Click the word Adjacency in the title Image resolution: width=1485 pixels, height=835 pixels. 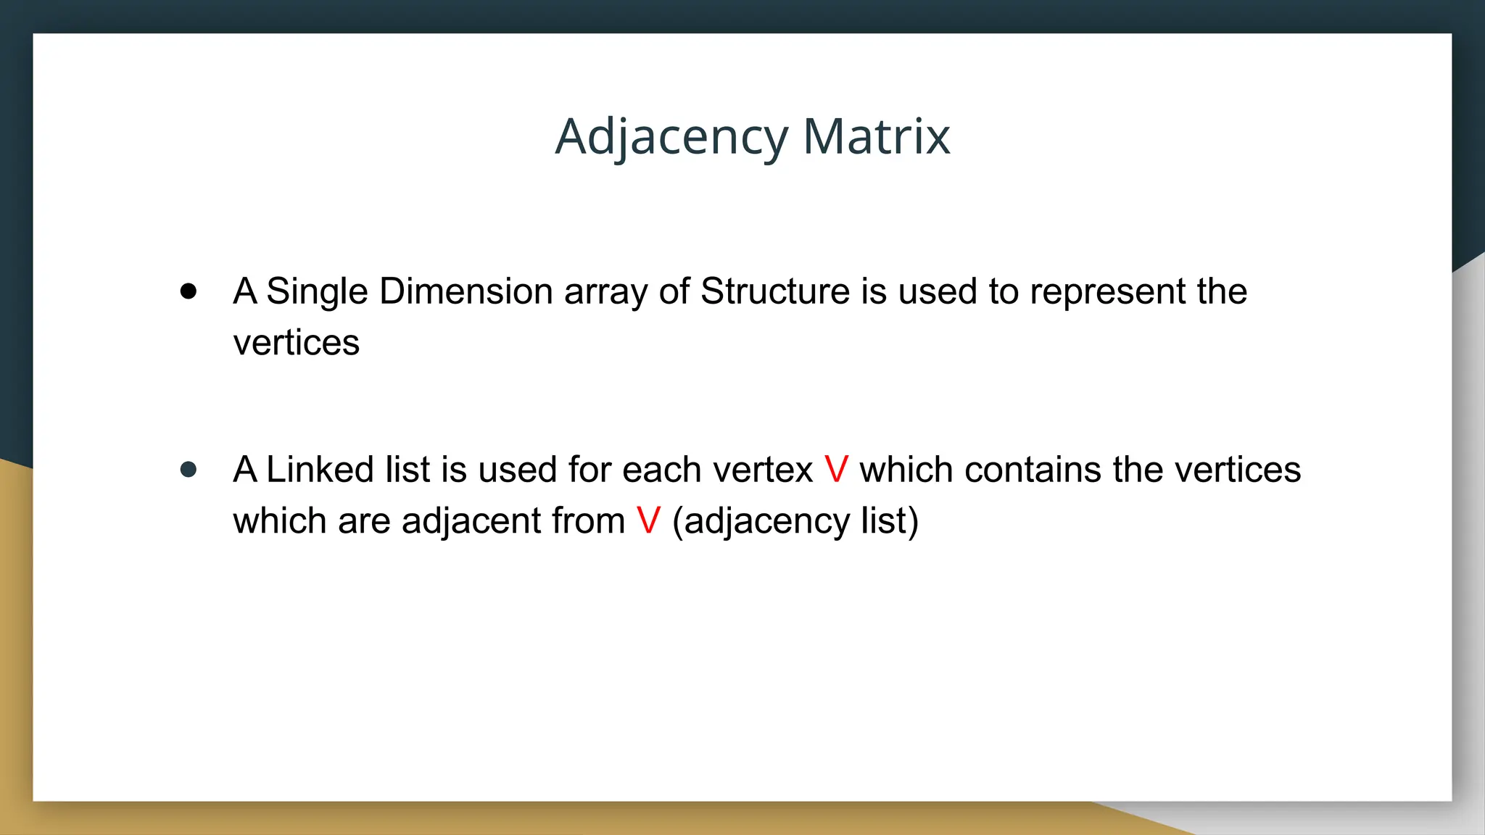coord(671,138)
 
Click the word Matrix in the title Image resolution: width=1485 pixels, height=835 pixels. coord(876,136)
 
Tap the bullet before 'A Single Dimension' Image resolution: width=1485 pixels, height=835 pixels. coord(189,291)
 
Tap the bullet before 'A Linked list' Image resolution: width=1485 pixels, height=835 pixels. coord(189,470)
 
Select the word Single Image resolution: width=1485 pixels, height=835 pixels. coord(317,292)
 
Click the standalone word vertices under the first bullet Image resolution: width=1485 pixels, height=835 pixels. coord(296,343)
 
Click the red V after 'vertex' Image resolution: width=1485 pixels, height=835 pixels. coord(836,470)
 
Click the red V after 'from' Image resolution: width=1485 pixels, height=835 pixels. coord(648,521)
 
